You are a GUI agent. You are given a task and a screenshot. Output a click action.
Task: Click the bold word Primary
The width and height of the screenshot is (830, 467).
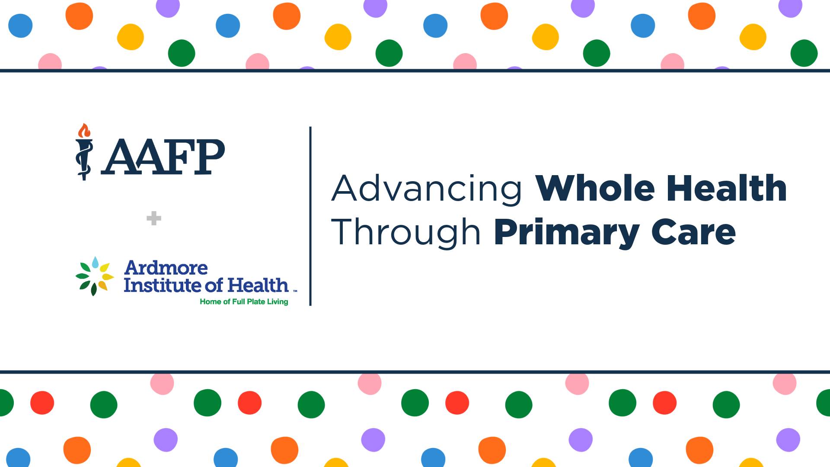point(567,234)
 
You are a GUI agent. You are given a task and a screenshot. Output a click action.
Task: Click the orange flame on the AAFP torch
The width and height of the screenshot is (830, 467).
point(84,130)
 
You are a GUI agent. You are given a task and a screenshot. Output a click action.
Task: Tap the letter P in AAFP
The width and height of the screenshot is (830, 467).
point(209,157)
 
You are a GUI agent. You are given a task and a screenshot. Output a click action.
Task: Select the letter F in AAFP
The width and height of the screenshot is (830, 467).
point(177,157)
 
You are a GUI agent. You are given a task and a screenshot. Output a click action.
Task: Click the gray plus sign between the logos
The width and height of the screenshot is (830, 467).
point(154,218)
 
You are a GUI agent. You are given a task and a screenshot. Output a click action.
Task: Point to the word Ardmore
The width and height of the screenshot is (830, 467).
point(166,268)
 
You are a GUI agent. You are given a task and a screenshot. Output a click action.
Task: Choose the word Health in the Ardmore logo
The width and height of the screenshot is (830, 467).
point(258,285)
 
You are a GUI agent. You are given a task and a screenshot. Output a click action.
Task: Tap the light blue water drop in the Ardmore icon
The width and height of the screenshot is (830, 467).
point(95,262)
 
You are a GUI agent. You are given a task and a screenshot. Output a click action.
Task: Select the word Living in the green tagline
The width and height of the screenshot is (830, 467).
point(277,302)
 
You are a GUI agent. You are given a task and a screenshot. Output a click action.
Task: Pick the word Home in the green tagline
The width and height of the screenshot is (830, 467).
point(211,302)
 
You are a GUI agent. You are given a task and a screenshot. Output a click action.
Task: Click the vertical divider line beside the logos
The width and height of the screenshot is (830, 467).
point(310,216)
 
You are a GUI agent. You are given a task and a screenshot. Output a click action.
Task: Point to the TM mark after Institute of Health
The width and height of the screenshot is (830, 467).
point(295,291)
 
